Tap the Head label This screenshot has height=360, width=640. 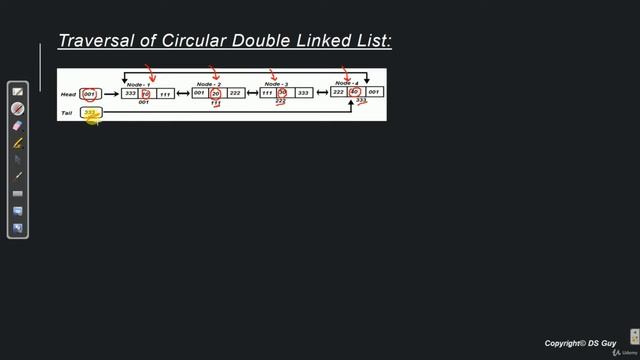(x=68, y=94)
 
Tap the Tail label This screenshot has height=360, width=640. (x=66, y=113)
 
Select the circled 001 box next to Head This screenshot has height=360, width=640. (x=90, y=94)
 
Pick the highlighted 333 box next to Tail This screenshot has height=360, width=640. (x=91, y=113)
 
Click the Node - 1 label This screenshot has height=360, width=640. (x=139, y=84)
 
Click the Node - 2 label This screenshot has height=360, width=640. (x=209, y=84)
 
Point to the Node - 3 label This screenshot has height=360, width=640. (x=277, y=84)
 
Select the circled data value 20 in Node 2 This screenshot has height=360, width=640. (x=216, y=93)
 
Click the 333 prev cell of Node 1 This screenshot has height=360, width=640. (x=130, y=93)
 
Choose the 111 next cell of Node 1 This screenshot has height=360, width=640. (x=165, y=93)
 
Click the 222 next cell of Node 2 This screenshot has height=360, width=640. (x=235, y=93)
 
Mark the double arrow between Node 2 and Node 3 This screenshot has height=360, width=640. (x=253, y=93)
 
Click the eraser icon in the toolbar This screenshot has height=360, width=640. (x=17, y=126)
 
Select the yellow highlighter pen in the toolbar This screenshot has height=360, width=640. (x=17, y=143)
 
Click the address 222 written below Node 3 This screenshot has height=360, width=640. (x=281, y=102)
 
